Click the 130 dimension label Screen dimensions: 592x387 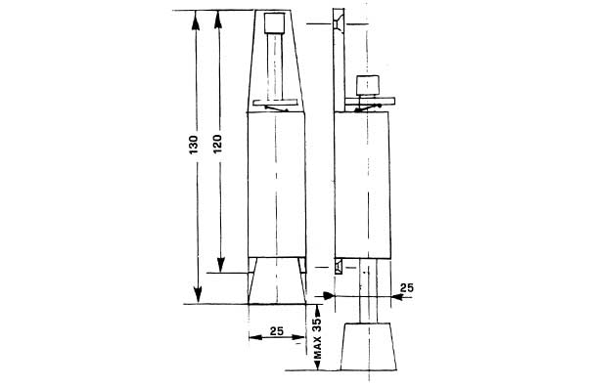[194, 145]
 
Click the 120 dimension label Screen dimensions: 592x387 [217, 144]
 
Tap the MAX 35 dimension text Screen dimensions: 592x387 [317, 338]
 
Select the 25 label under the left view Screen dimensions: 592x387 [277, 330]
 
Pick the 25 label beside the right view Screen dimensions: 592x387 [407, 287]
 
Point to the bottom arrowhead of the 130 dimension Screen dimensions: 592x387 [198, 294]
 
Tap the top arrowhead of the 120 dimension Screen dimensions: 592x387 [218, 20]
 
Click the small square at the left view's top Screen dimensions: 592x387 [275, 23]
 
